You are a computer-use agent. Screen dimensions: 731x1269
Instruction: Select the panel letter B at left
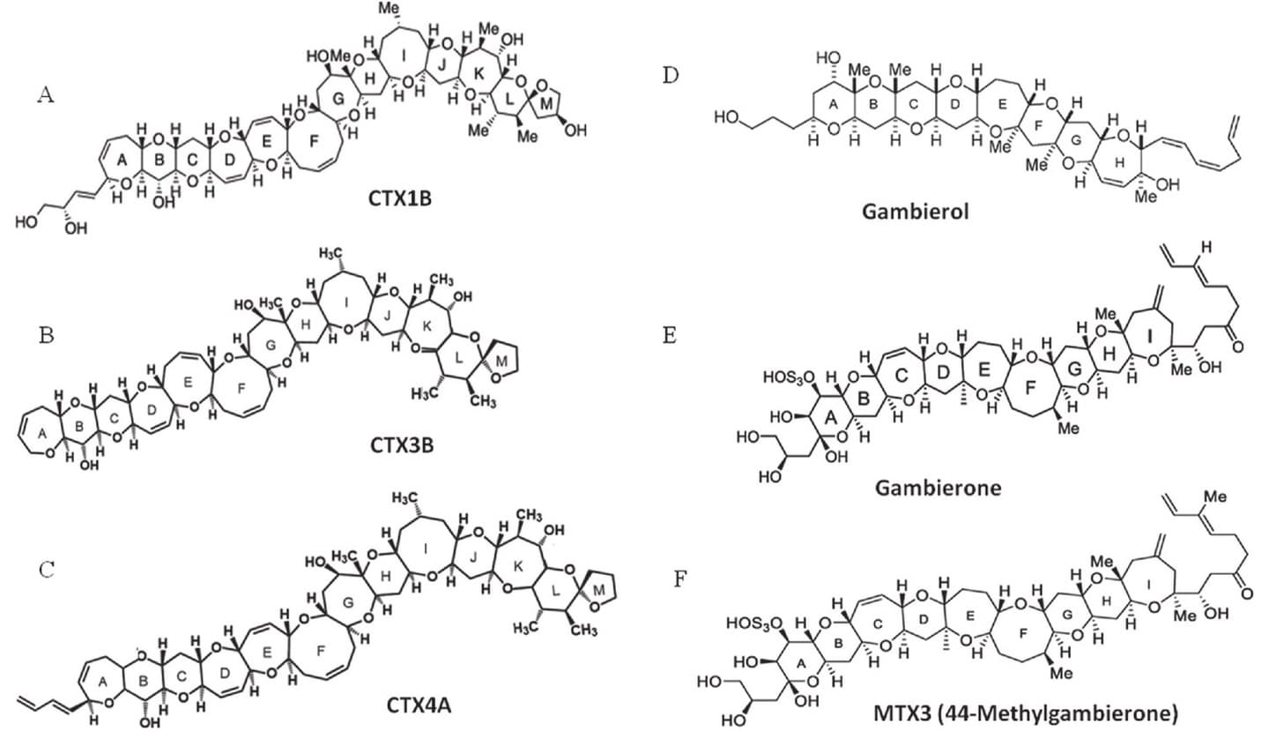pos(45,335)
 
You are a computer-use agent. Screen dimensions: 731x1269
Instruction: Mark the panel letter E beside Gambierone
pos(672,334)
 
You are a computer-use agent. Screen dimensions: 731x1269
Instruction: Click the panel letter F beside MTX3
pos(672,581)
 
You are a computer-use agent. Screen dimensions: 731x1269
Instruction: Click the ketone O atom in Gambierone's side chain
pos(1239,347)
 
